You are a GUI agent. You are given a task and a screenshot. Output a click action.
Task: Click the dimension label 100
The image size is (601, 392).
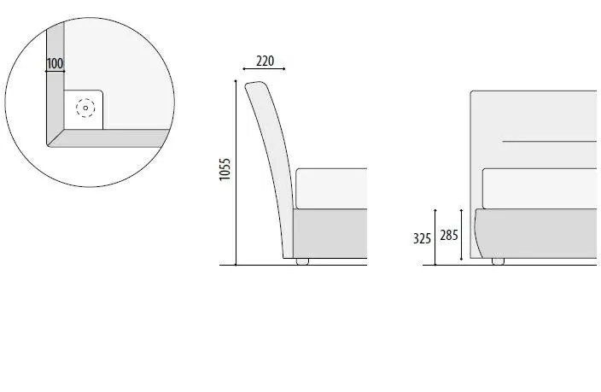[55, 63]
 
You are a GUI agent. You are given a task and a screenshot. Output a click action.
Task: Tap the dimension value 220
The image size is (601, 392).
[265, 61]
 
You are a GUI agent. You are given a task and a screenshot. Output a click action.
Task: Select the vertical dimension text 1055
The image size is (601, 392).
[225, 169]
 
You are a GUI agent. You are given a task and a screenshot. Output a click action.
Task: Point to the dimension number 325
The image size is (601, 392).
[422, 238]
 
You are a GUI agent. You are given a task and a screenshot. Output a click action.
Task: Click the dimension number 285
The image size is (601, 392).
[449, 235]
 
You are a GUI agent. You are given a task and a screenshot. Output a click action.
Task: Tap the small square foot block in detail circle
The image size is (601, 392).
[83, 109]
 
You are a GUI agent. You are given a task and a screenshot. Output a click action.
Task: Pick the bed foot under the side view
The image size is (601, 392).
[302, 261]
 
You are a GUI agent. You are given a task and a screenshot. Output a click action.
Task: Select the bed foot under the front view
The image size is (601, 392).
[498, 261]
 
